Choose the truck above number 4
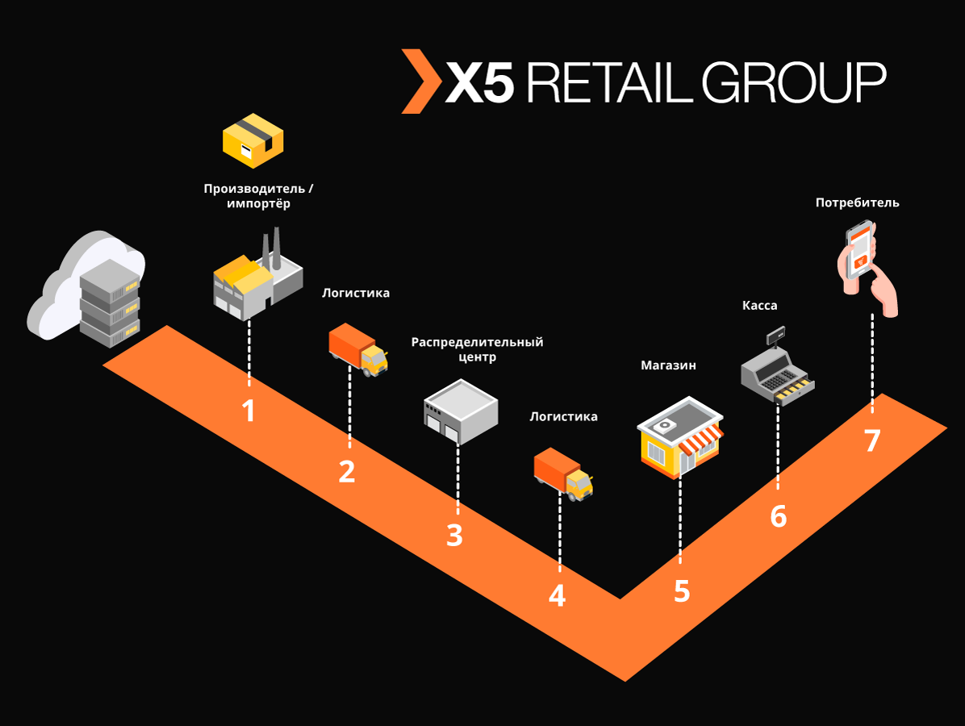coord(563,474)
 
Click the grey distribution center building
coord(460,412)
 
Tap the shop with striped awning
coord(679,438)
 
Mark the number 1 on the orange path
coord(249,411)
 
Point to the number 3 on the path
coord(455,536)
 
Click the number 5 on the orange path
coord(682,591)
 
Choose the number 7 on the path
coord(871,441)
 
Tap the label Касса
coord(759,306)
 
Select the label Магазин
coord(668,365)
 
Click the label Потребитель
coord(857,202)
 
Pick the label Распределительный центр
coord(477,349)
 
